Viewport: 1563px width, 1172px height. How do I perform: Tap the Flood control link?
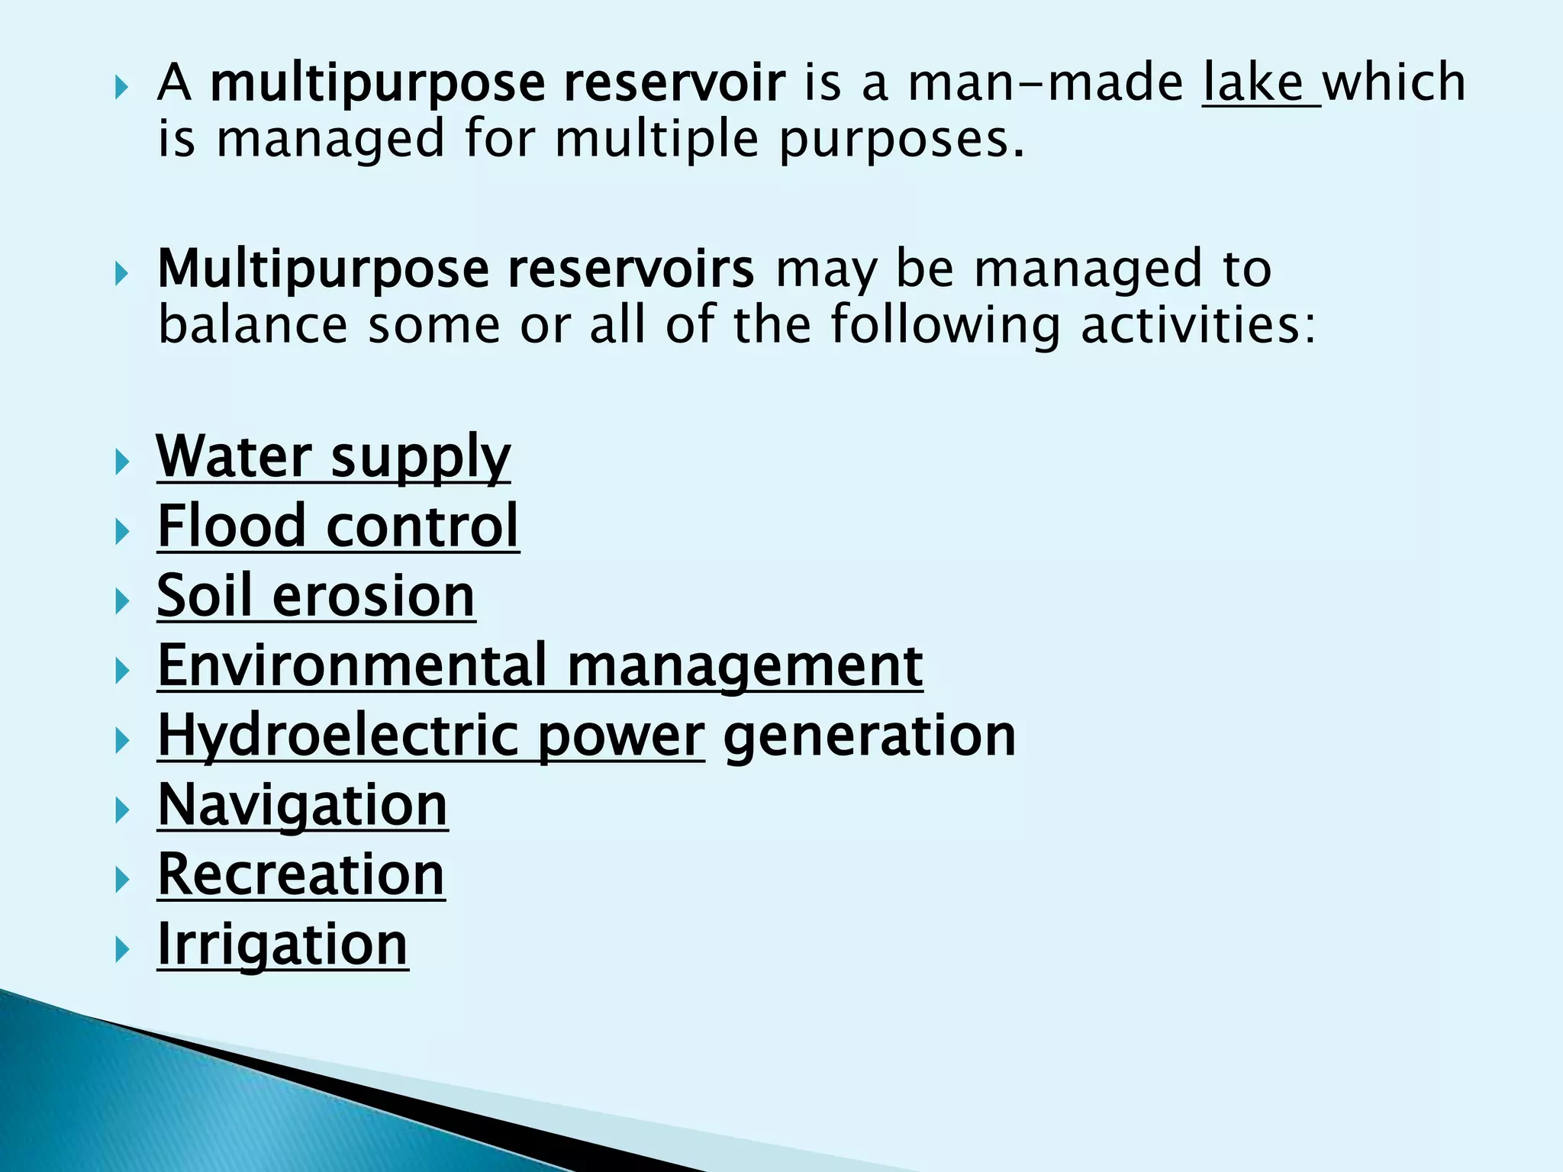tap(338, 526)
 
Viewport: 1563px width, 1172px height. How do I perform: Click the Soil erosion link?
tap(316, 596)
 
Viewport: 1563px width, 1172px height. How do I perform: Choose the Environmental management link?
tap(540, 666)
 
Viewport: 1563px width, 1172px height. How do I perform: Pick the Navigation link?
tap(302, 806)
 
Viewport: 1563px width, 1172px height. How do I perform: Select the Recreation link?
tap(301, 875)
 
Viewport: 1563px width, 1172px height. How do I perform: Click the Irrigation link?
tap(282, 945)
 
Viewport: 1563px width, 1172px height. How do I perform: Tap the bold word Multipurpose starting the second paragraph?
tap(323, 270)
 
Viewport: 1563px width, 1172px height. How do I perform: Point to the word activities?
tap(1199, 325)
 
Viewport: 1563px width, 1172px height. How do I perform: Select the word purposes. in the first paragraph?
tap(901, 140)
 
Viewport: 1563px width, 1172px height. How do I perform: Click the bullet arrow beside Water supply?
tap(122, 462)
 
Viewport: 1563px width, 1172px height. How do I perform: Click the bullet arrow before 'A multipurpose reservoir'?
tap(122, 89)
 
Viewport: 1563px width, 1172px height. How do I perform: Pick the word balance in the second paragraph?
tap(253, 325)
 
